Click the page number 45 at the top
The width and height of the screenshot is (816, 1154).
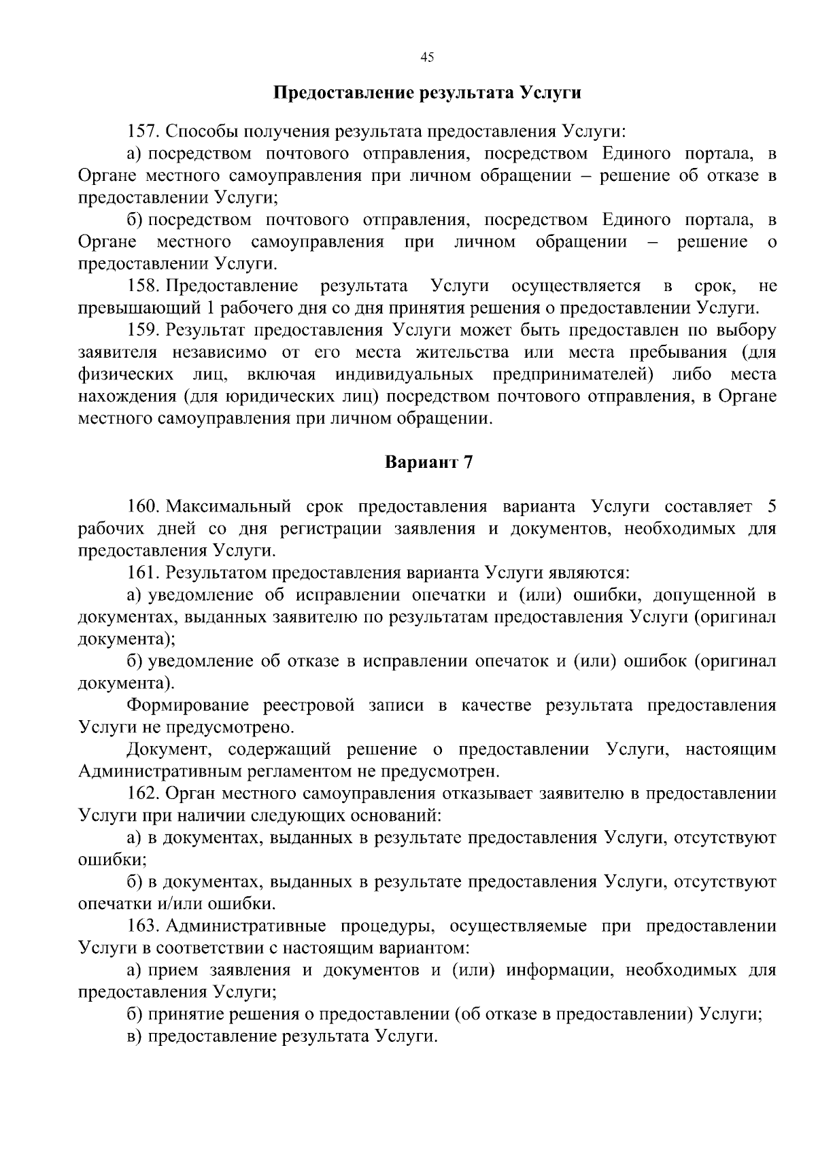coord(427,58)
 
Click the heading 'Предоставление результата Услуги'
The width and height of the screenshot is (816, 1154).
coord(427,92)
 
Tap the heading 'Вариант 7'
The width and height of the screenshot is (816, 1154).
coord(428,463)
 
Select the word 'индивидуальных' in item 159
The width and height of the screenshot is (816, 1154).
coord(404,375)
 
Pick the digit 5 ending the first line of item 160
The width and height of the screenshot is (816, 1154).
coord(771,507)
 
